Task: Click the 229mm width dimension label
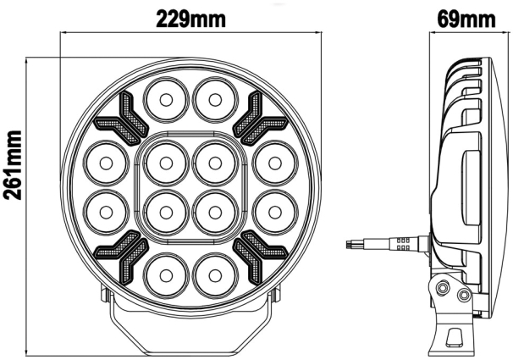191,16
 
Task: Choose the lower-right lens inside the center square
212,208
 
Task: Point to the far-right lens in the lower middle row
271,208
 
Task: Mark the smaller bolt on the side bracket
464,295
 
